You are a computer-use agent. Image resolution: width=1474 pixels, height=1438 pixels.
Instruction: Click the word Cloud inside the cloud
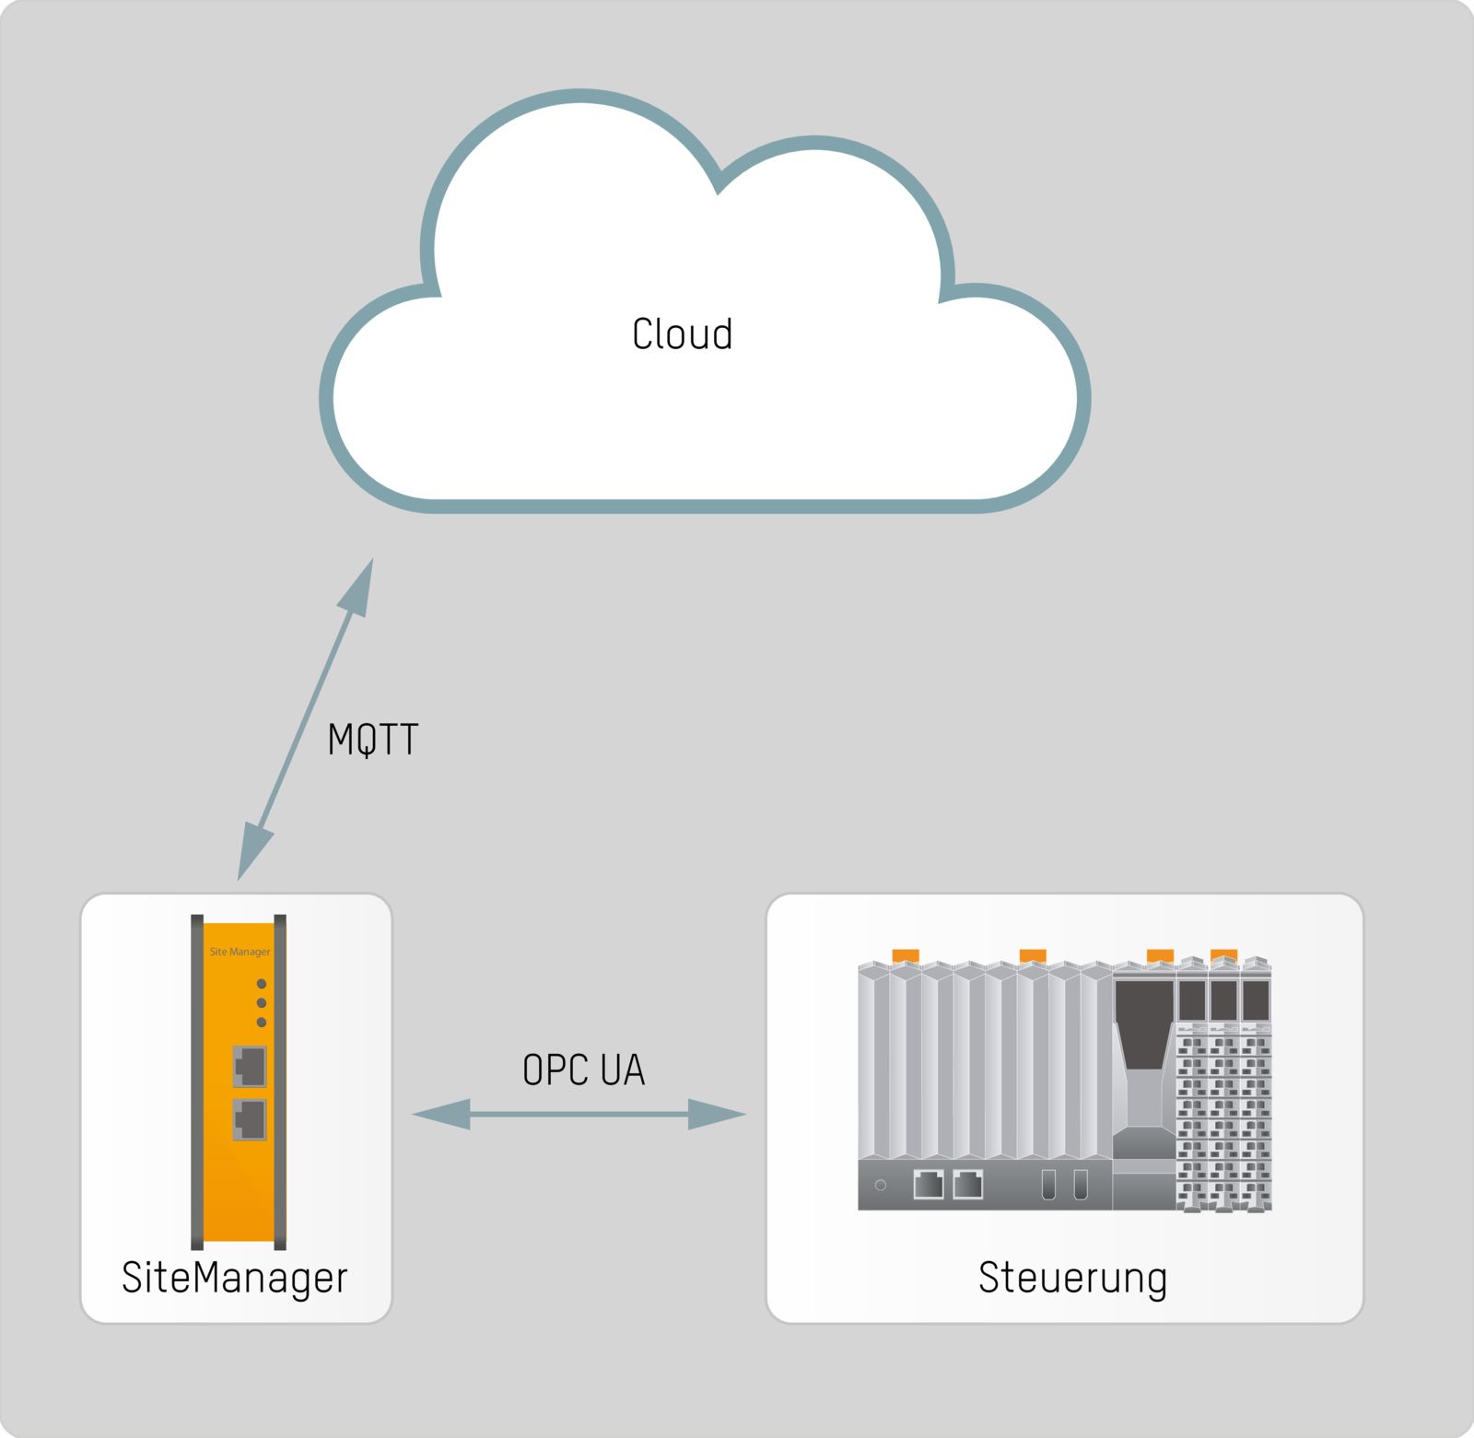tap(682, 333)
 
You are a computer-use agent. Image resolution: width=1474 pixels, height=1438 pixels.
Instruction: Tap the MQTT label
tap(373, 740)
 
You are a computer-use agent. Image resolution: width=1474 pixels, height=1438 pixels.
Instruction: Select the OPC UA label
tap(583, 1070)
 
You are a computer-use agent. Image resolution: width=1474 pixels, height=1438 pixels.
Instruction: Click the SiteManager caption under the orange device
tap(235, 1278)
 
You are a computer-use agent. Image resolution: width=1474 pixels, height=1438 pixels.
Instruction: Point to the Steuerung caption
tap(1072, 1278)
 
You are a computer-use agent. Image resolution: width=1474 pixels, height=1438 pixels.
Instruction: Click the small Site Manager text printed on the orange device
tap(240, 952)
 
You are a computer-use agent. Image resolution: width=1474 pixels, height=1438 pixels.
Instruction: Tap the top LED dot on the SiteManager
tap(262, 984)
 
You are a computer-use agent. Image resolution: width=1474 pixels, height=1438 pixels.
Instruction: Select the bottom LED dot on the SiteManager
tap(262, 1023)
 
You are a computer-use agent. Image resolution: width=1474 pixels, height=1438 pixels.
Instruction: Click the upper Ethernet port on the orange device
tap(250, 1067)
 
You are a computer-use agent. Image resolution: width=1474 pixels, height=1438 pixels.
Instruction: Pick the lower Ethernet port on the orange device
tap(250, 1119)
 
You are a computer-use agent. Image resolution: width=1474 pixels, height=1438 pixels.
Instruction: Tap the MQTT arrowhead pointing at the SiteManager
tap(252, 852)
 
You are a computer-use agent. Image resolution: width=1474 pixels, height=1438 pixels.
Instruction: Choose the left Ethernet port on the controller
tap(929, 1184)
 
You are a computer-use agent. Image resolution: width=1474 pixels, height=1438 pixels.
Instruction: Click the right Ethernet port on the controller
tap(968, 1184)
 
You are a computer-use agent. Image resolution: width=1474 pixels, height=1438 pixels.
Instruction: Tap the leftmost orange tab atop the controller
tap(906, 955)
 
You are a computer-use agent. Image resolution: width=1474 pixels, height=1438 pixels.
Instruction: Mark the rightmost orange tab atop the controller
tap(1223, 955)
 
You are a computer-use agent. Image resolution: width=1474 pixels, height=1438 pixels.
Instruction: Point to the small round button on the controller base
tap(881, 1185)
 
